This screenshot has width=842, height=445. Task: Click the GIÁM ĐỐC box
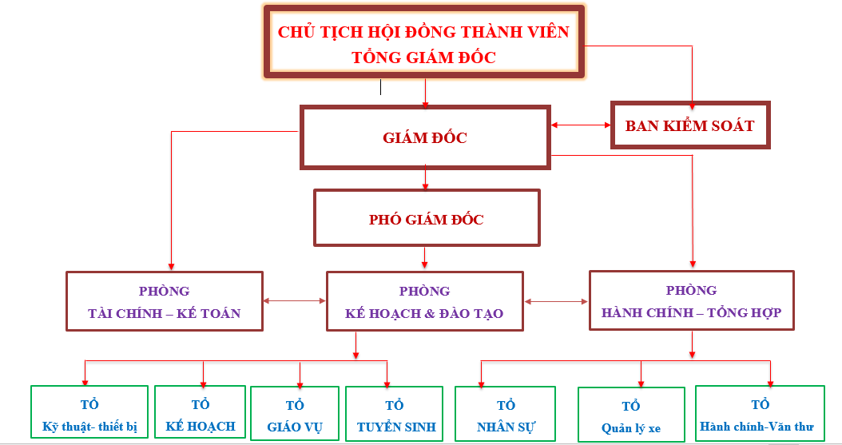tap(424, 137)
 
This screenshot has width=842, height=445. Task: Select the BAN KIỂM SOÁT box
tap(689, 125)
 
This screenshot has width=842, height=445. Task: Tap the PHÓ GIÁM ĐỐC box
tap(427, 219)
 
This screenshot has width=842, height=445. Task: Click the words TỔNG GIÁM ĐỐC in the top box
tap(423, 58)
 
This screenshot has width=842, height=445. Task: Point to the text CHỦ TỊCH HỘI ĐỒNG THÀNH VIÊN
tap(423, 32)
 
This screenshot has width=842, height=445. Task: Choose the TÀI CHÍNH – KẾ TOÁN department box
tap(164, 301)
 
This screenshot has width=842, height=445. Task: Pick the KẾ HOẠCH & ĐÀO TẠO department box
tap(424, 301)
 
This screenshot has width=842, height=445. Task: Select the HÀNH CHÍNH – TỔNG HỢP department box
tap(691, 300)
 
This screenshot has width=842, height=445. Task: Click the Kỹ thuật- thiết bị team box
tap(89, 414)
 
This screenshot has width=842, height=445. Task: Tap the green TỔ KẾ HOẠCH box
tap(201, 414)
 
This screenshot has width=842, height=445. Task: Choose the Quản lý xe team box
tap(631, 415)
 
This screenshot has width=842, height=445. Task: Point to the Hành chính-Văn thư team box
tap(759, 414)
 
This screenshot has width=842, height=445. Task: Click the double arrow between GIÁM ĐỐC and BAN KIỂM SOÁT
tap(581, 125)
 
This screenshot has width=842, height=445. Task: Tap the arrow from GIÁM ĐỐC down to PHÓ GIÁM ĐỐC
tap(425, 177)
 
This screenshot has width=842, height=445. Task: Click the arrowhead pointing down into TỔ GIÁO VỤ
tap(300, 382)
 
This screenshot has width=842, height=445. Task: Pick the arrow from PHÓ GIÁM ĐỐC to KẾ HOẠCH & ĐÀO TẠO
tap(425, 257)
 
